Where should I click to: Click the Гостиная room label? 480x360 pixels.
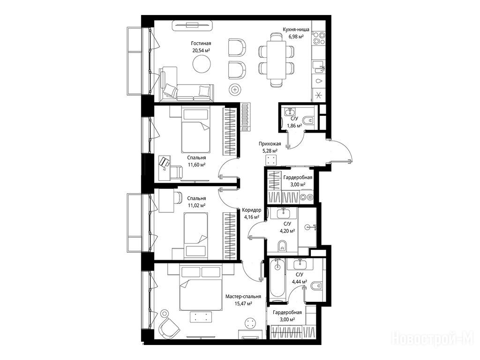201,44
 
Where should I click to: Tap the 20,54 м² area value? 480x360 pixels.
201,51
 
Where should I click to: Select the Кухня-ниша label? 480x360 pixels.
296,30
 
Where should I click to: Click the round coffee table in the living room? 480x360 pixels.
202,64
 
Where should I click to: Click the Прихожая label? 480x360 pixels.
270,143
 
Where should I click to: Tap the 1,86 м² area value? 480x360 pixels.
294,125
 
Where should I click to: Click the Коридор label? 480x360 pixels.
251,210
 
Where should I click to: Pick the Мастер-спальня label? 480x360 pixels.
243,296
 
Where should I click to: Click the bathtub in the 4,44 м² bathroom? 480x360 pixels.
277,278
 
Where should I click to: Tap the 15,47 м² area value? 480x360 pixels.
243,303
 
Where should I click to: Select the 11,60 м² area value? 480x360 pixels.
196,165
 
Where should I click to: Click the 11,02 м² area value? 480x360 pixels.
196,205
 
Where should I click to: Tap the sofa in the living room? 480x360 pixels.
187,85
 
